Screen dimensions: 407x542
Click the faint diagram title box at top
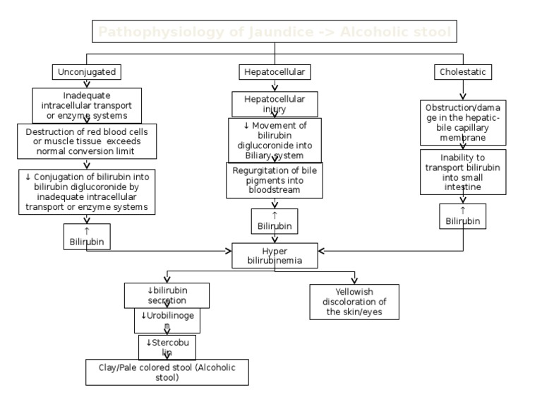coord(275,32)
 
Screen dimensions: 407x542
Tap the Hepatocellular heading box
coord(275,72)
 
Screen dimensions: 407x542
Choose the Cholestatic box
coord(463,72)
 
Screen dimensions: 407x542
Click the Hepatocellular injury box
coord(275,104)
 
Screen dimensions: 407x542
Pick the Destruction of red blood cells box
coord(87,141)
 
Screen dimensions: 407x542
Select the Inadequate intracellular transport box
coord(87,105)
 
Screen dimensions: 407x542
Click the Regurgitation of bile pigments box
coord(275,180)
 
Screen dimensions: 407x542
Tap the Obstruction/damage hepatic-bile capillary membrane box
coord(463,122)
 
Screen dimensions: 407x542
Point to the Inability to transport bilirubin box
coord(463,172)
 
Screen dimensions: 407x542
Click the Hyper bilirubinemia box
coord(275,256)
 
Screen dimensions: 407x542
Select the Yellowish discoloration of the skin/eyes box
coord(354,302)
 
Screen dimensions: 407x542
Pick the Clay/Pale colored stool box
coord(167,372)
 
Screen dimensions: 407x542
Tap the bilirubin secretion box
coord(167,295)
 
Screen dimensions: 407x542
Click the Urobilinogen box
coord(167,320)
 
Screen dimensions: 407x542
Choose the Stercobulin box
coord(167,347)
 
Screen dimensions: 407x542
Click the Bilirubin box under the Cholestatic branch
coord(463,216)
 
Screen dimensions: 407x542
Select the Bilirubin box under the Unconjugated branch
coord(87,237)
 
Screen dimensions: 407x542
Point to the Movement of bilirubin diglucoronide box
coord(275,140)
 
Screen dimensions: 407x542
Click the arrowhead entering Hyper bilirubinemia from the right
coord(321,251)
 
